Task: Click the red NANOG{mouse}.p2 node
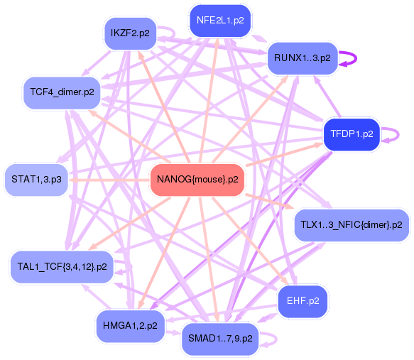197,180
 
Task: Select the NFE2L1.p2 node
219,20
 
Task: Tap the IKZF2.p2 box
130,33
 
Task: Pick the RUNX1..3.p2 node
299,58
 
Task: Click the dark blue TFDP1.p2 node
352,133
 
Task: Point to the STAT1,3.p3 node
36,180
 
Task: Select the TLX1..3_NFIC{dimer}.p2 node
351,225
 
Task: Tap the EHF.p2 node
303,300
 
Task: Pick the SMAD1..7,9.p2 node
220,339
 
